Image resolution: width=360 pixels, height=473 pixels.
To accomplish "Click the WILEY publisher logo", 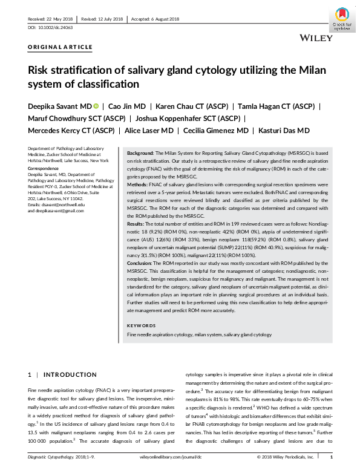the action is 316,38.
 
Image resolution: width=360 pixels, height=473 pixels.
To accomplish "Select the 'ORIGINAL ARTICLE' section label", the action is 61,47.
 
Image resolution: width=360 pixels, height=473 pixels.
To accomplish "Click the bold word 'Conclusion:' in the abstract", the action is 142,263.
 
